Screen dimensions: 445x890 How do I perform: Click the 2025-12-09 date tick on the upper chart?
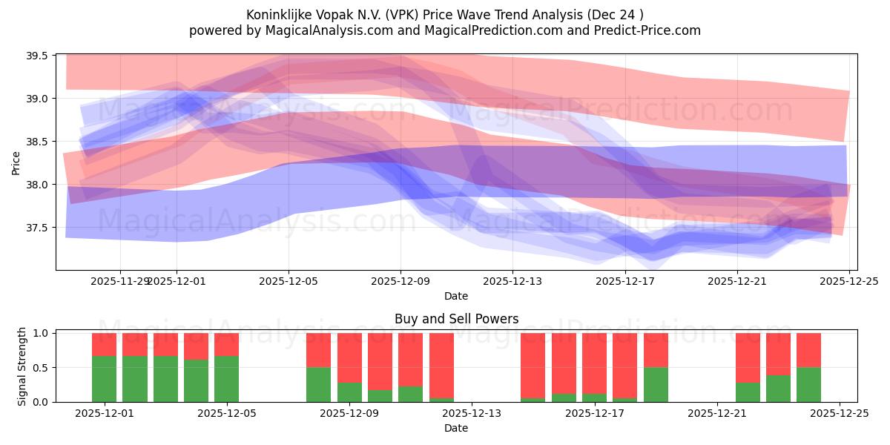(400, 282)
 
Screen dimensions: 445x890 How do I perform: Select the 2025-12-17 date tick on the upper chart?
(625, 282)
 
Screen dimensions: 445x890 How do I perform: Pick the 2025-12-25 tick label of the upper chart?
(849, 282)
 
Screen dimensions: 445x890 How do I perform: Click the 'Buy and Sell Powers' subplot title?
(455, 319)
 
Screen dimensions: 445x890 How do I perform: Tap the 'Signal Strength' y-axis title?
(22, 366)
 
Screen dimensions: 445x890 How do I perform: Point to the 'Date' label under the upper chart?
(455, 296)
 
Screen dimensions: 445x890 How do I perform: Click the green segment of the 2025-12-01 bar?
(104, 379)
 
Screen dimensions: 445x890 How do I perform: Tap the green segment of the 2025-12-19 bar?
(656, 384)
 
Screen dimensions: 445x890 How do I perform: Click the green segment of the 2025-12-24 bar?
(808, 384)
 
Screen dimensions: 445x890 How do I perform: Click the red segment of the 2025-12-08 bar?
(319, 349)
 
